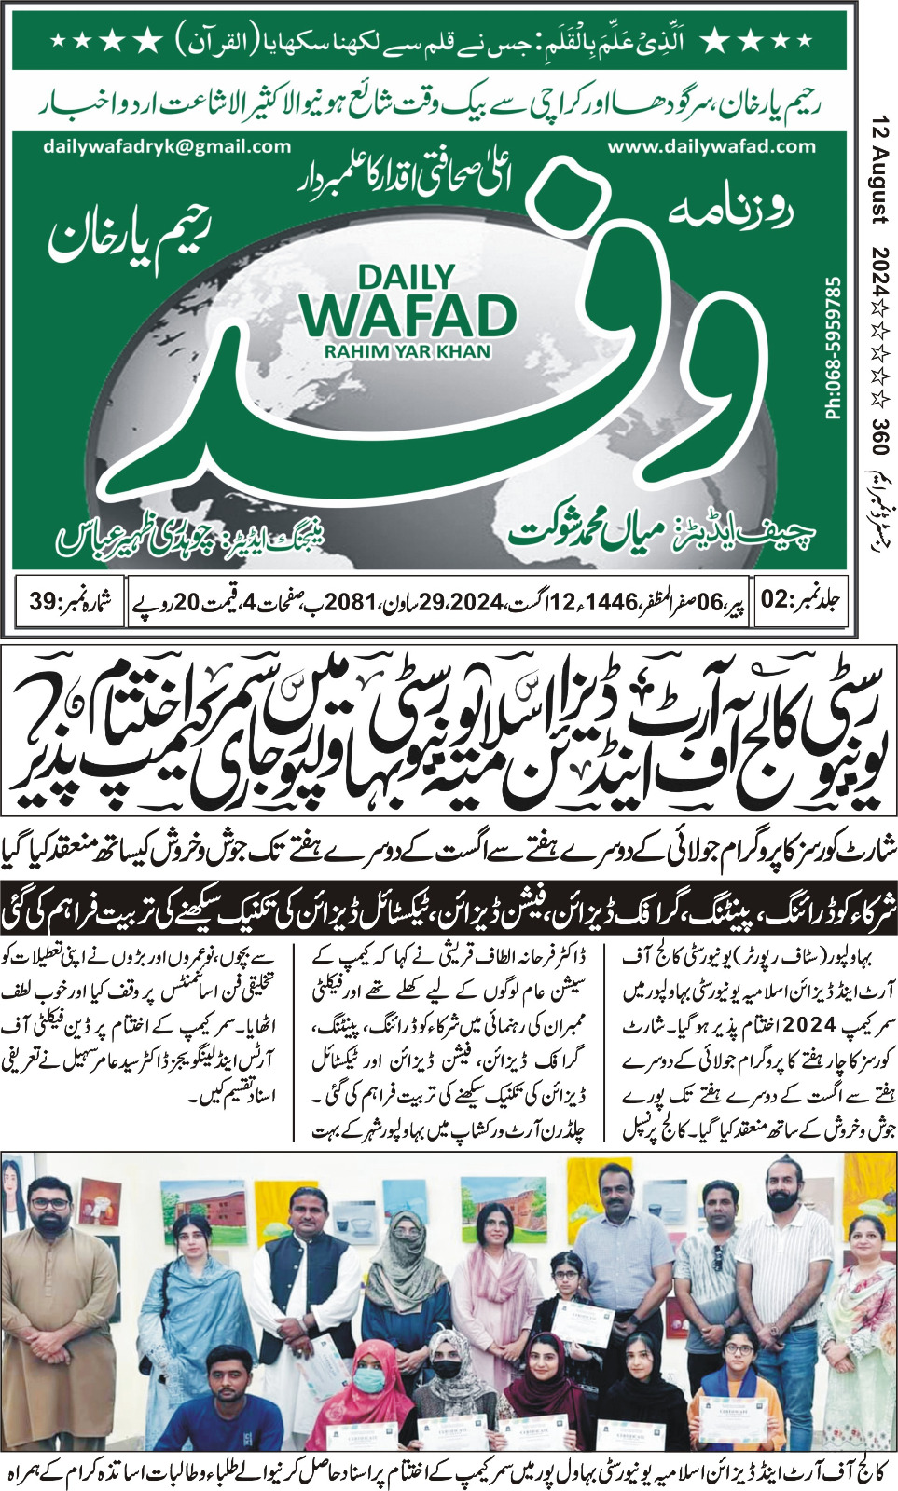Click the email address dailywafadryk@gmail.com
tap(167, 146)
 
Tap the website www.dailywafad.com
tap(711, 146)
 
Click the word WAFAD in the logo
tap(408, 316)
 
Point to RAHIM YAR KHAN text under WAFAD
tap(408, 351)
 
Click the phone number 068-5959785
tap(834, 347)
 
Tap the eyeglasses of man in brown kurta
tap(48, 1203)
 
